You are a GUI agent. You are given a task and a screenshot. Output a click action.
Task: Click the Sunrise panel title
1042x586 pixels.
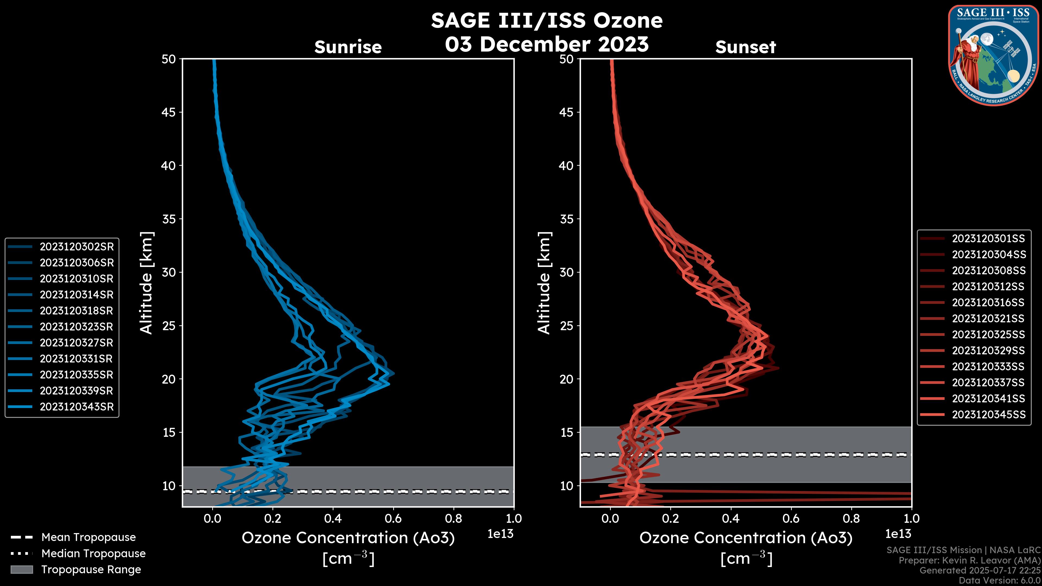[x=348, y=47]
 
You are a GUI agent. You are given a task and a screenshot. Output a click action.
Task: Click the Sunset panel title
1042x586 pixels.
[x=745, y=47]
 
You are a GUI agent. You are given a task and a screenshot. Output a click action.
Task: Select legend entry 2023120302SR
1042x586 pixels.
[x=77, y=247]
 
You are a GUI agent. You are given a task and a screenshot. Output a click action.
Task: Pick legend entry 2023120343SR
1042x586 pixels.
[x=77, y=407]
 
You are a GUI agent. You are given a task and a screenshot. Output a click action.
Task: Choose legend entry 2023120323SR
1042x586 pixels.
[x=77, y=327]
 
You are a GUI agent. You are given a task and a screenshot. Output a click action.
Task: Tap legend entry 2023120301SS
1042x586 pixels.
[x=989, y=239]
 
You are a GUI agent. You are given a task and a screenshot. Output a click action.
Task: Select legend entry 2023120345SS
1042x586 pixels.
[x=989, y=415]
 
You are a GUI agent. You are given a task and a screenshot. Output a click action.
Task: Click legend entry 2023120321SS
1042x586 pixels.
[x=989, y=319]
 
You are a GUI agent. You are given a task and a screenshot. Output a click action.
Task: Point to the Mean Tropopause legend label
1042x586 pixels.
[x=88, y=537]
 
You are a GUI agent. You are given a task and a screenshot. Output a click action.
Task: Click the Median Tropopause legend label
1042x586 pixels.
[x=93, y=553]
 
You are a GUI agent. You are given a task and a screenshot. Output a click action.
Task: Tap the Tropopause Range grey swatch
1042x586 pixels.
[x=21, y=569]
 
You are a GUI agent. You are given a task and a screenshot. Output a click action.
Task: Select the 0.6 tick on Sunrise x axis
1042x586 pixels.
[x=393, y=518]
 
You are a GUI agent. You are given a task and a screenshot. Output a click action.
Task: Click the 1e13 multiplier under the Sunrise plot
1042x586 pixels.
[x=500, y=534]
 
